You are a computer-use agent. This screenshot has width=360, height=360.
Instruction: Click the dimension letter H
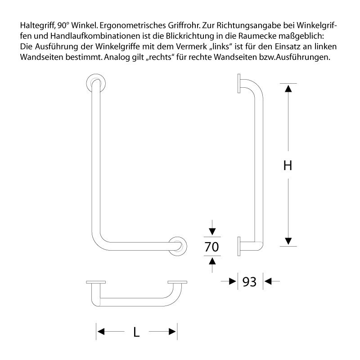(288, 165)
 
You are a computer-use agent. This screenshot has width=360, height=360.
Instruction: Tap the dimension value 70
(211, 247)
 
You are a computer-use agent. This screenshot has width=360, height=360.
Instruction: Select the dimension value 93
(249, 282)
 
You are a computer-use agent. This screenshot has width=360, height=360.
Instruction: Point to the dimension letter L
(136, 332)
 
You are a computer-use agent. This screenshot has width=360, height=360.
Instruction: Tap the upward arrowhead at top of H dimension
(288, 88)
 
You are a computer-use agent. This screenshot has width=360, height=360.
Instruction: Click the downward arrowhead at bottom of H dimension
(288, 241)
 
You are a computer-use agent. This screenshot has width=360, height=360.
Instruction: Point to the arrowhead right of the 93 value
(268, 282)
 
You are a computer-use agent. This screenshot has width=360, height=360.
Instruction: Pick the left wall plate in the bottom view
(95, 283)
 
